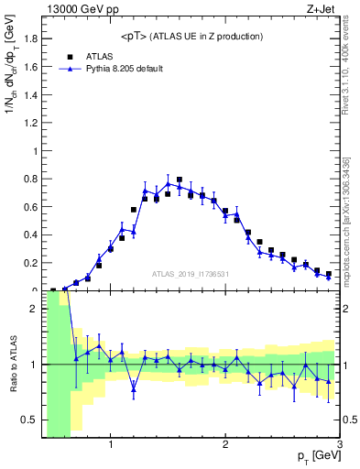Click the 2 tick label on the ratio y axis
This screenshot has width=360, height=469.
tap(34, 310)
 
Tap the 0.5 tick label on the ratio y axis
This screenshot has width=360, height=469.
tap(31, 420)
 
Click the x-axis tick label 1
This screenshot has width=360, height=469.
tap(111, 446)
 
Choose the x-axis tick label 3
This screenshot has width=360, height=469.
tap(338, 446)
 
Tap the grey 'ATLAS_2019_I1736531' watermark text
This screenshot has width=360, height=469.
tap(190, 273)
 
